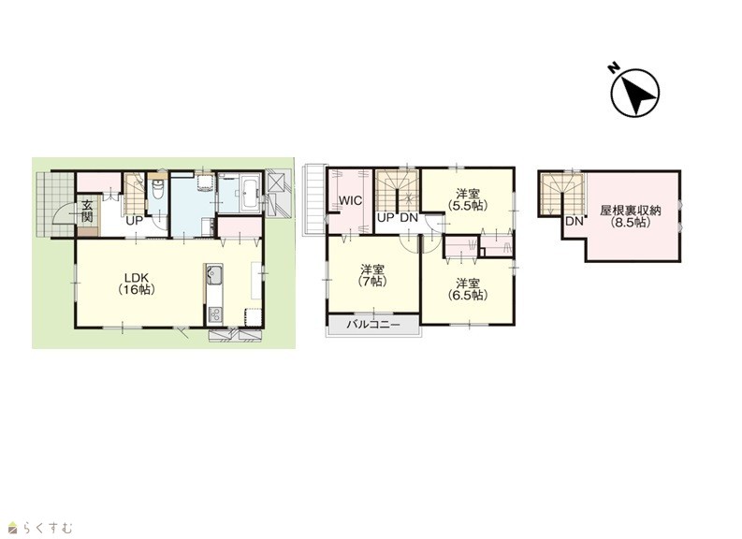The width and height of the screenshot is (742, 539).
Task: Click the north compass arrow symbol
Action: pos(634,93)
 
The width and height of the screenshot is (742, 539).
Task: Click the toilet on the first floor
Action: pos(158,192)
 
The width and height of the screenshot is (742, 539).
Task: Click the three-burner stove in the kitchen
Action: pos(215,314)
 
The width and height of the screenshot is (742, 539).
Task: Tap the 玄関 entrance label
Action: pos(87,211)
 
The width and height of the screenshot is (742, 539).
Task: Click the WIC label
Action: pos(350,200)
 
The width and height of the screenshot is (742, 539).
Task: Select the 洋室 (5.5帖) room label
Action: pos(468,199)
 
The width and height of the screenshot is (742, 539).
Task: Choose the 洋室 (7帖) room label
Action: pos(372,275)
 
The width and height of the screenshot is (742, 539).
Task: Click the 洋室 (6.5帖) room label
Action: pos(468,289)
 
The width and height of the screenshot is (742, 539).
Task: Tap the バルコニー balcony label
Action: pos(373,325)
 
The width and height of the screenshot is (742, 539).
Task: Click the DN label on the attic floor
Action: pos(574,221)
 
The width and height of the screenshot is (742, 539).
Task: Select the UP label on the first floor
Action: pos(135,221)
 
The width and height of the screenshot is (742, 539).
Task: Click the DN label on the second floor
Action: pos(409,218)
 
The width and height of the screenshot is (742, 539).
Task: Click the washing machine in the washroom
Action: pos(205,182)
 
